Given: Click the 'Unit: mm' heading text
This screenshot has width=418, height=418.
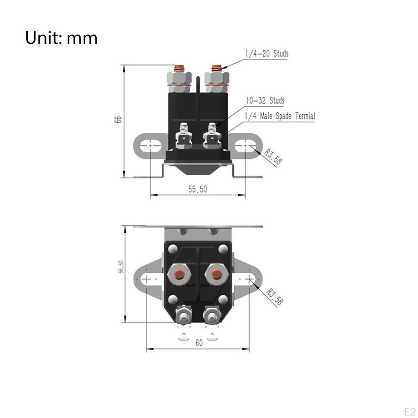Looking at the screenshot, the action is (61, 38).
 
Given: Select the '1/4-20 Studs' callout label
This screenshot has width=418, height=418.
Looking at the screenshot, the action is (267, 53).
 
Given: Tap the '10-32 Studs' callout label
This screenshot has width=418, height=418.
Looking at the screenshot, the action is (265, 100).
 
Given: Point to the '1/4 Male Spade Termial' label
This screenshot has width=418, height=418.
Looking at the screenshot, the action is (280, 116).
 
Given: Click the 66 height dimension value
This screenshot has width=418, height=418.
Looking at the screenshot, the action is (118, 120).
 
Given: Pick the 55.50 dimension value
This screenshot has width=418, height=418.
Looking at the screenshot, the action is (198, 189).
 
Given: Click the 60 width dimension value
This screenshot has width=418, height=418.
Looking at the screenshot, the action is (198, 343).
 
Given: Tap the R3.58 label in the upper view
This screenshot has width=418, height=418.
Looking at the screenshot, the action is (273, 157).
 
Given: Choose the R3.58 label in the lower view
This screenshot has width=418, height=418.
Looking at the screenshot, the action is (274, 296).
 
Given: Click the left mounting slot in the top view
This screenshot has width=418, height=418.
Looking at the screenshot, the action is (147, 278).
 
